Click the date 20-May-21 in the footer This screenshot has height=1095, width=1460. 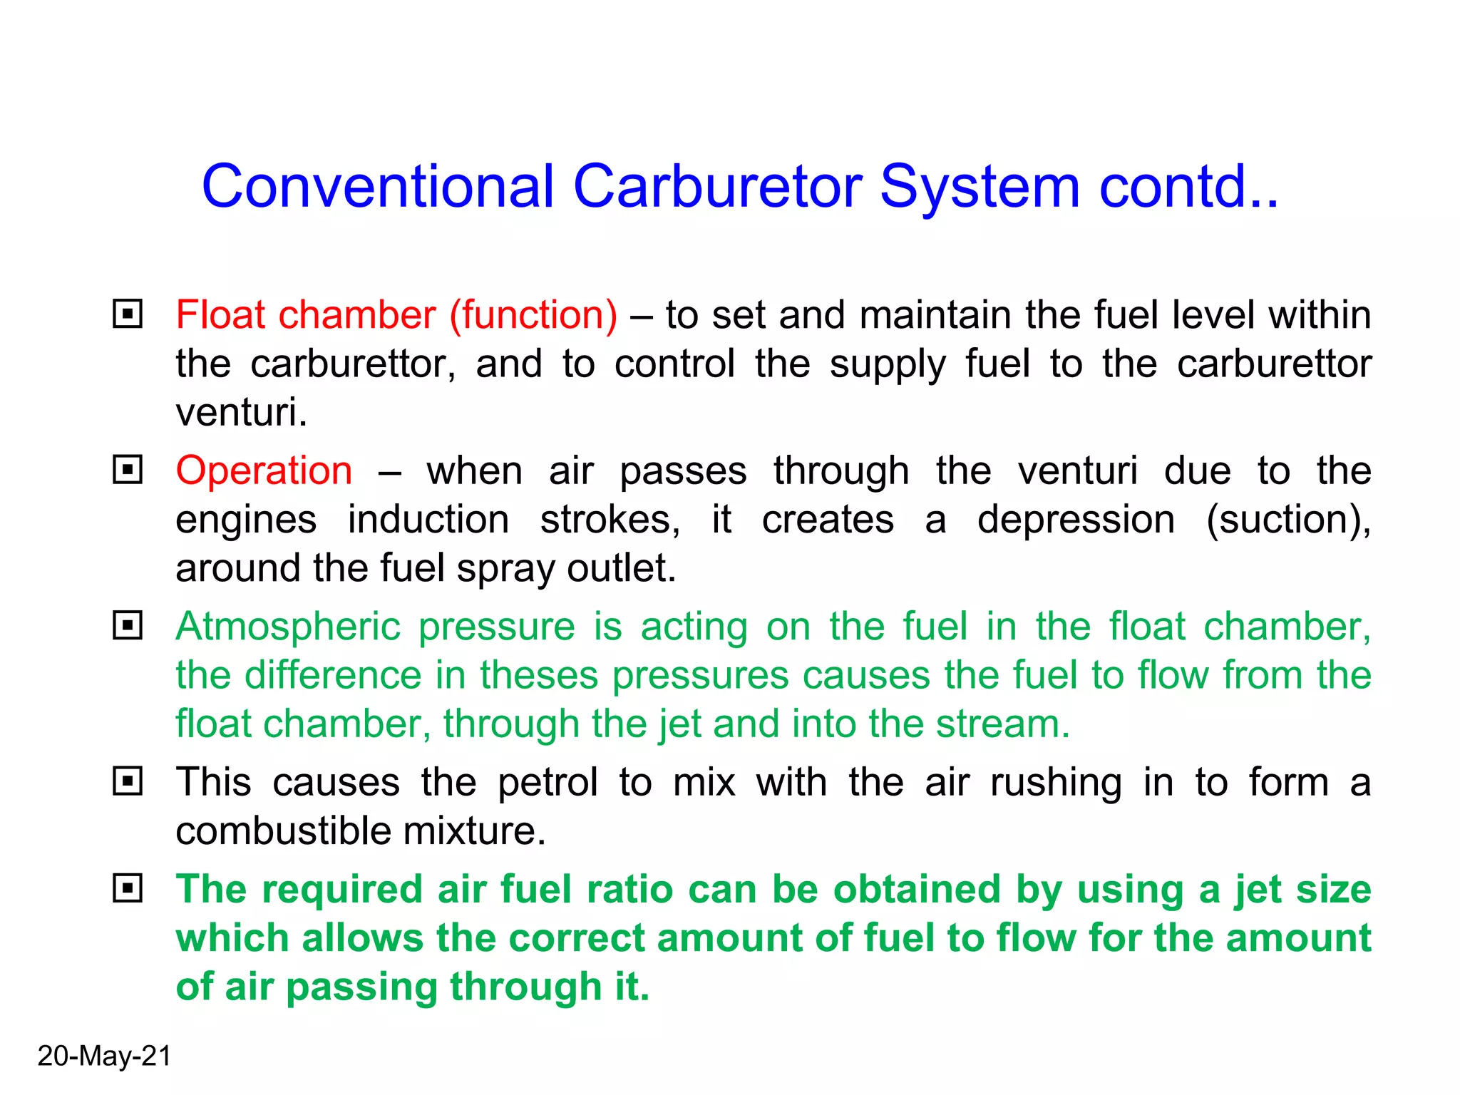(104, 1056)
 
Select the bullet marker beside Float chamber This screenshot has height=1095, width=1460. (128, 314)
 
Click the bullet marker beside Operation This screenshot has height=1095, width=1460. (128, 470)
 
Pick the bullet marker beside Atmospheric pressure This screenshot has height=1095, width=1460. (128, 626)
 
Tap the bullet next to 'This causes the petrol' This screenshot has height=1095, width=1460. (128, 781)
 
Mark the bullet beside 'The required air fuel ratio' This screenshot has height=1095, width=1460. (128, 888)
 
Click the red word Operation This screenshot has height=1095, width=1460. (264, 471)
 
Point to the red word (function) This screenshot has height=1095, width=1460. (533, 315)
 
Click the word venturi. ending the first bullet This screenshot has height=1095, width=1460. (242, 412)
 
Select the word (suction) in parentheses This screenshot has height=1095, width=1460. (1287, 520)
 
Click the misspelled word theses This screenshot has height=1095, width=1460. (538, 675)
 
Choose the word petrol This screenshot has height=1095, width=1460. (547, 783)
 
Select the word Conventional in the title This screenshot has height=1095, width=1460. (378, 187)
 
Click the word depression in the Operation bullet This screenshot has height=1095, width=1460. (1076, 520)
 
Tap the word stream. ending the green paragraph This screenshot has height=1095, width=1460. (1002, 724)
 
